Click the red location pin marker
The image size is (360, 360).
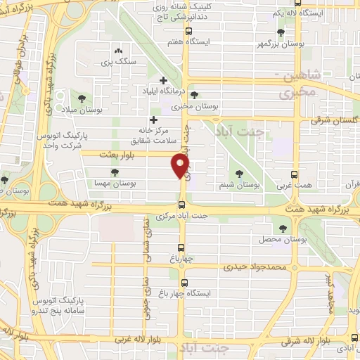click(181, 165)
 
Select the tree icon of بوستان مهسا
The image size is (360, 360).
click(115, 172)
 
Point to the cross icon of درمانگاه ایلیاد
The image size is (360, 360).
click(164, 80)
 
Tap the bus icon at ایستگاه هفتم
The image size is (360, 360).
click(188, 32)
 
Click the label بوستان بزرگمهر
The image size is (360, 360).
click(282, 44)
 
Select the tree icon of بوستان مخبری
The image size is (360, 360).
click(195, 96)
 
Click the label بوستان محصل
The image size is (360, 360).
click(283, 240)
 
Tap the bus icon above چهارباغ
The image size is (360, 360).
click(181, 247)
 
